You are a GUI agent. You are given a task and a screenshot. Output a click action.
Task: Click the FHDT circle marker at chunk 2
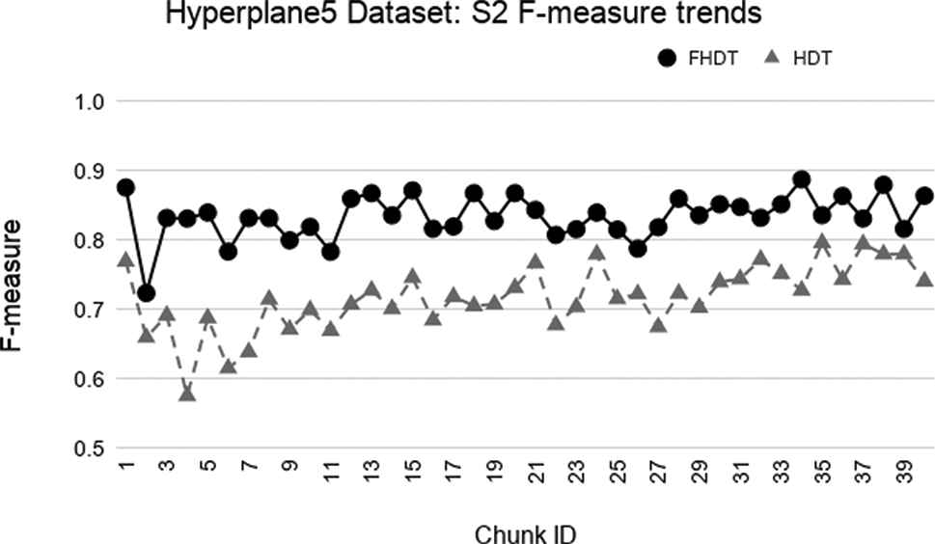pyautogui.click(x=147, y=292)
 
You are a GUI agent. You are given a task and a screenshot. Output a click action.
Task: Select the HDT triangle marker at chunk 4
pyautogui.click(x=187, y=394)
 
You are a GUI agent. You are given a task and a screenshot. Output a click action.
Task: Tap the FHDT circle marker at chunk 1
pyautogui.click(x=125, y=187)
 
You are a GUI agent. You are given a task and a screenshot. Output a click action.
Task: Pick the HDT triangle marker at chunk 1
pyautogui.click(x=125, y=260)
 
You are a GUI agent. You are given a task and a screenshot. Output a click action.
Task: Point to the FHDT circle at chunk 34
pyautogui.click(x=801, y=179)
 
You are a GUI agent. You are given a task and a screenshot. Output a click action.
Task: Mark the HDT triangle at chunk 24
pyautogui.click(x=596, y=254)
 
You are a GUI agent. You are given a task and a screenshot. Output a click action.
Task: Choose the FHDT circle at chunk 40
pyautogui.click(x=923, y=196)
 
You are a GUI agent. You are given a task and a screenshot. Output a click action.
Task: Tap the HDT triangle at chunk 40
pyautogui.click(x=923, y=280)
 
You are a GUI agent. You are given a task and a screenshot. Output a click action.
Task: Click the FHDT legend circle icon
pyautogui.click(x=666, y=59)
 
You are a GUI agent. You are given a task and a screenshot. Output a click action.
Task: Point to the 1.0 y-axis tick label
pyautogui.click(x=90, y=101)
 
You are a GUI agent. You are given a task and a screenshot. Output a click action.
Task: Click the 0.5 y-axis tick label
pyautogui.click(x=90, y=449)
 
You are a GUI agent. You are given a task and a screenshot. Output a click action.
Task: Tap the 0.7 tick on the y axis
pyautogui.click(x=90, y=310)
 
